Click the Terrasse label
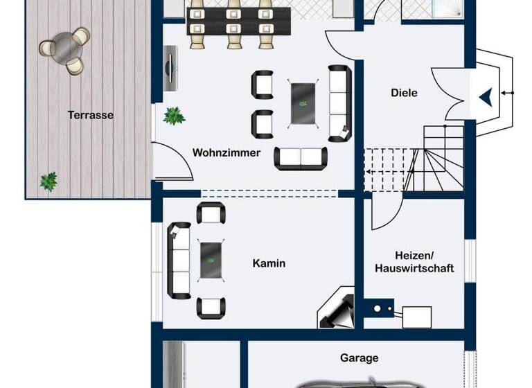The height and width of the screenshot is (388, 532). point(91,116)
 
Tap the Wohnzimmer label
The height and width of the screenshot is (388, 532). point(227,153)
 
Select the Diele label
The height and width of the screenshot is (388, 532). point(404,93)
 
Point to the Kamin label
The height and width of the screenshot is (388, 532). point(269,263)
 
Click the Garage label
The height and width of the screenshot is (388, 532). point(359,358)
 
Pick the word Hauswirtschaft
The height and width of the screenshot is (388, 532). point(414,268)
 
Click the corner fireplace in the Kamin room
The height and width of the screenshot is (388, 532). point(337,310)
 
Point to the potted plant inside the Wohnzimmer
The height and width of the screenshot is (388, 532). point(173,116)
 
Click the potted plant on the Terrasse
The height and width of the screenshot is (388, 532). point(48,182)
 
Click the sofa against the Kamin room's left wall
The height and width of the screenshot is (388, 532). point(179,260)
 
